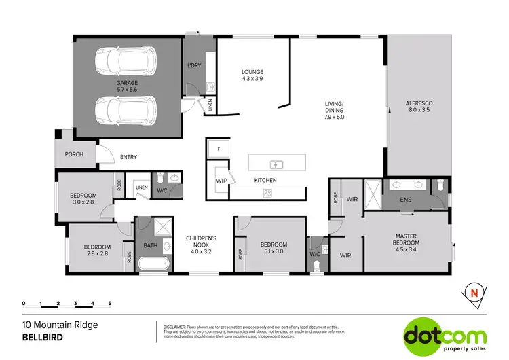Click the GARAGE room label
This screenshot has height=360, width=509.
coord(126,84)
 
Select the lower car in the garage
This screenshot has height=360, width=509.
coord(127,109)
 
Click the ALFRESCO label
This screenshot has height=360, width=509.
coord(419,103)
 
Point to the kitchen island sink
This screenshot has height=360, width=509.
coord(276,164)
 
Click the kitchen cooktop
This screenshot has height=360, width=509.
coord(267,194)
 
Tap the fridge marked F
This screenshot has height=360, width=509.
coord(219,149)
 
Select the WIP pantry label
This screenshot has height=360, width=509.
coord(221,181)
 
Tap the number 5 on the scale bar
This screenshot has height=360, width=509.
coord(109,303)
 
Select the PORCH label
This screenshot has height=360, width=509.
coord(74,154)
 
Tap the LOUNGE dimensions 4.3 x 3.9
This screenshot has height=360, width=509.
coord(252,79)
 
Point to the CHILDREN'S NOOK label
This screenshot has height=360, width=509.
coord(202,241)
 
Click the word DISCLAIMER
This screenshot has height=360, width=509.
coord(178,327)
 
